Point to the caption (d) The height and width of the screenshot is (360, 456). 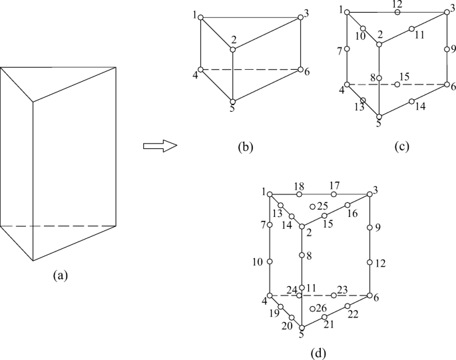pyautogui.click(x=318, y=351)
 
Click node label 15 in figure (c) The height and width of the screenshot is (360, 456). pyautogui.click(x=404, y=77)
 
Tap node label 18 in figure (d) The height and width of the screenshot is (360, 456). pyautogui.click(x=299, y=186)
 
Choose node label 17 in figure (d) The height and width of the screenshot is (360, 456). pyautogui.click(x=334, y=186)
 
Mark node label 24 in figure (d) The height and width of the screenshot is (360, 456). pyautogui.click(x=291, y=289)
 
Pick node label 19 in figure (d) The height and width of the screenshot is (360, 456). pyautogui.click(x=274, y=313)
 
